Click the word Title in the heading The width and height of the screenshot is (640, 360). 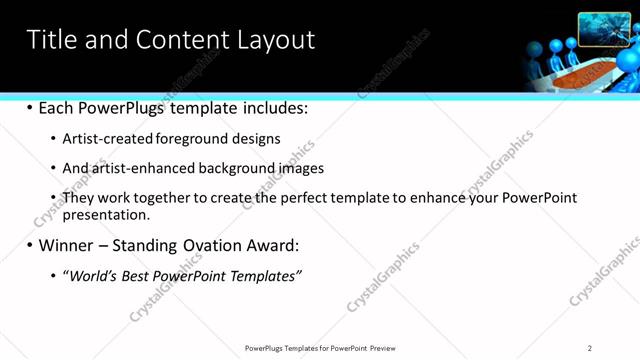50,40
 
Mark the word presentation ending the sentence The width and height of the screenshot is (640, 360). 105,214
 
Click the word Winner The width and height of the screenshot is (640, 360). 69,245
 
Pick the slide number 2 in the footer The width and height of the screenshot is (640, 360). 590,347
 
